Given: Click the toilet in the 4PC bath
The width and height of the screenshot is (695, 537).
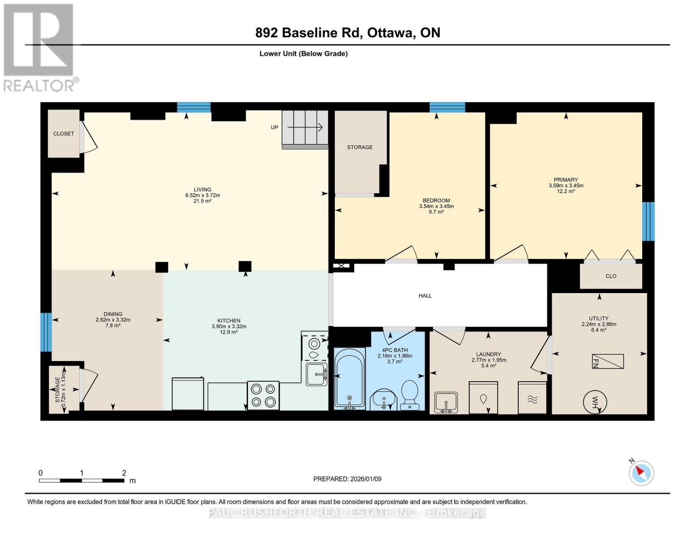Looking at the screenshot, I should tap(409, 394).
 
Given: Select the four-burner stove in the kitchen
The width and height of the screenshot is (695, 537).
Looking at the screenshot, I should tap(263, 396).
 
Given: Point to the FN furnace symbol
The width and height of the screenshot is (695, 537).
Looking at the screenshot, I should tap(608, 361).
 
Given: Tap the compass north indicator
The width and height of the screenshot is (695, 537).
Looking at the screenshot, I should tap(641, 473).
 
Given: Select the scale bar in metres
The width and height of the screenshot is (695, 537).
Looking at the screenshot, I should tap(81, 480).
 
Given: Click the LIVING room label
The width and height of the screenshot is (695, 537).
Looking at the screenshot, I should tap(202, 190).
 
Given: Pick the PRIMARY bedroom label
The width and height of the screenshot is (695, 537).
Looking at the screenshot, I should tap(566, 180).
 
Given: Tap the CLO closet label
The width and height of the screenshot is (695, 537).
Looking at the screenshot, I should tap(611, 276).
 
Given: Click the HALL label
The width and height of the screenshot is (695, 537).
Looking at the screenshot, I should tap(425, 296).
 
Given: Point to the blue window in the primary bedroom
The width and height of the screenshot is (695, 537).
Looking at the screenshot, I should tap(648, 222).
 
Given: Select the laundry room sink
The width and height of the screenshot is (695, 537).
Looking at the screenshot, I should tap(446, 401).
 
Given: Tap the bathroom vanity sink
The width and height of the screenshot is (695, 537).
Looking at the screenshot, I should tap(383, 398).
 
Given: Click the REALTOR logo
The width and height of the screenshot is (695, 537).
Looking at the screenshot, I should tap(39, 47).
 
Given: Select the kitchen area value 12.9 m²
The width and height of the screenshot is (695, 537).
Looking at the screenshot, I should tap(229, 332).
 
